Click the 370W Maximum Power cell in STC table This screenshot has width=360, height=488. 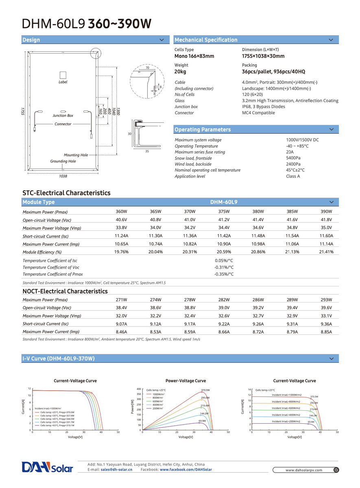coord(190,212)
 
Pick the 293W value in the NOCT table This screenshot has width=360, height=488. coord(326,300)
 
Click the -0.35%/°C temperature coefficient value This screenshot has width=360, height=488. coord(224,274)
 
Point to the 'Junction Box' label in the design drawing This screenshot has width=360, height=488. coord(63,116)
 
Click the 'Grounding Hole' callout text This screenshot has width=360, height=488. coord(63,161)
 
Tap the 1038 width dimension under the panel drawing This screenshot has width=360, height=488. coord(63,176)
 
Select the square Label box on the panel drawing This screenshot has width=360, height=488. coord(63,75)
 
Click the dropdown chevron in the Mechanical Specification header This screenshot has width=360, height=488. coord(331,40)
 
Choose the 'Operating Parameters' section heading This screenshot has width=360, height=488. coord(203,130)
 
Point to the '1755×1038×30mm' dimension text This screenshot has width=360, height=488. coord(263,56)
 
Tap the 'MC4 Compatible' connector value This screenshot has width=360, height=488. coord(258,113)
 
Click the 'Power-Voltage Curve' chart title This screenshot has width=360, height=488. coord(185,381)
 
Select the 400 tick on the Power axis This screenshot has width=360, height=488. coord(139,389)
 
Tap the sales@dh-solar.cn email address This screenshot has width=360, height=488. coord(117,470)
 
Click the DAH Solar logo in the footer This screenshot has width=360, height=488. coord(48,467)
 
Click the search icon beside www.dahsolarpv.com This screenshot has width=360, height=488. coord(336,470)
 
